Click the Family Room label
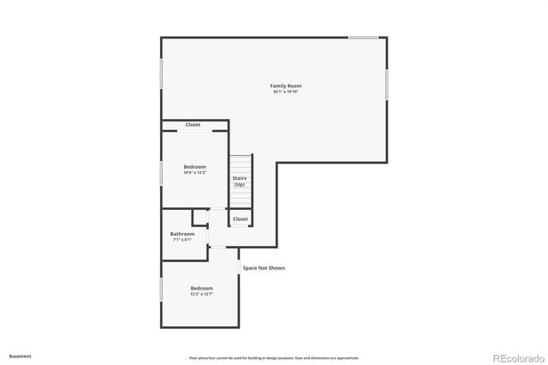coord(285,86)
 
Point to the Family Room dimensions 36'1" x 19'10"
coord(285,92)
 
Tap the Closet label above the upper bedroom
coord(194,125)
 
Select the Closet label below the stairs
coord(241,219)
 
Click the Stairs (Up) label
coord(240,182)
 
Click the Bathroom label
coord(182,234)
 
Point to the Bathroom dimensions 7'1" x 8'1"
coord(182,240)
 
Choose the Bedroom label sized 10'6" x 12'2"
coord(195,166)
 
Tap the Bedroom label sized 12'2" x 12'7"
coord(201,288)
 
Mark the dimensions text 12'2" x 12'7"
coord(201,294)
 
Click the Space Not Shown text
coord(264,268)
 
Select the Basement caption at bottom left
coord(21,356)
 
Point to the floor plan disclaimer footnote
coord(274,357)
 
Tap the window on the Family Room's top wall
coord(364,37)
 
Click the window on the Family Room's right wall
coord(387,85)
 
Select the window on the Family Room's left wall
coord(162,74)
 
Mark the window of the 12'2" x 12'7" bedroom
coord(162,289)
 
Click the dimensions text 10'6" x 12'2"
coord(195,172)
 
